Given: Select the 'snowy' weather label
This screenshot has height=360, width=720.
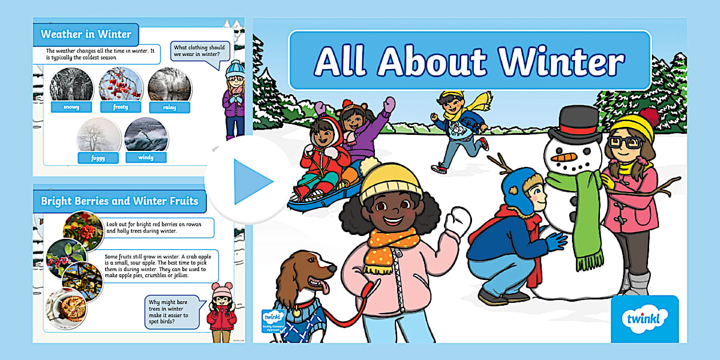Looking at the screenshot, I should coord(71,107).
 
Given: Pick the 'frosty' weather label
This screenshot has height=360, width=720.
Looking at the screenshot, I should coord(121,107).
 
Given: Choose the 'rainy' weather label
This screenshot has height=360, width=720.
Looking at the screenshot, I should coord(170,107).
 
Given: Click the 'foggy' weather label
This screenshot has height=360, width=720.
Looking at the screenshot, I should coord(98,158).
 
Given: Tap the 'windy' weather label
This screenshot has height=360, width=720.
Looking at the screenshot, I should coord(146,157).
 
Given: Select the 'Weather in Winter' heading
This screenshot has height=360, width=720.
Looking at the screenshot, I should coord(86,34).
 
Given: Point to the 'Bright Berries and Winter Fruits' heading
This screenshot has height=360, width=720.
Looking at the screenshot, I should coord(119,201).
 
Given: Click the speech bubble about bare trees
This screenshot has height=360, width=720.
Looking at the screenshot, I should coord(171,311).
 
